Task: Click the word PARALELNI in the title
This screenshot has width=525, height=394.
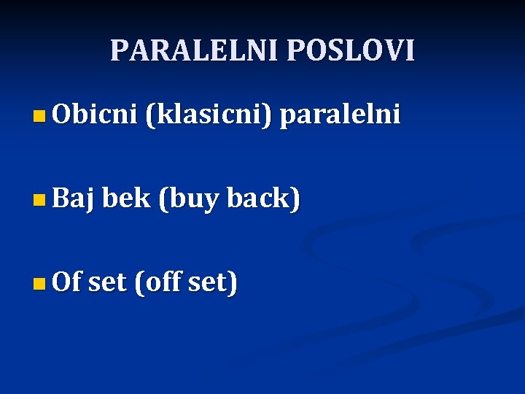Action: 195,50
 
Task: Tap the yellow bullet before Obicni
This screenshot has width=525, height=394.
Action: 39,115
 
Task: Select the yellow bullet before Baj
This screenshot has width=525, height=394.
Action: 39,199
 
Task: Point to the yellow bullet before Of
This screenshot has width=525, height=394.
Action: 39,283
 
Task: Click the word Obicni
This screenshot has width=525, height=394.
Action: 94,115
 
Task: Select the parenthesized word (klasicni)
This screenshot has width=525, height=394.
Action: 209,115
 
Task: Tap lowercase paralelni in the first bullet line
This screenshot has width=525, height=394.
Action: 340,115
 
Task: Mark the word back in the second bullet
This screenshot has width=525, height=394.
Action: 259,198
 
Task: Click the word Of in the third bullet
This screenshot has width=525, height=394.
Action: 67,282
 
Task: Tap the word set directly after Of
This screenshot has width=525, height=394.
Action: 107,282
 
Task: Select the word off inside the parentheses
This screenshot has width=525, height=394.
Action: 161,282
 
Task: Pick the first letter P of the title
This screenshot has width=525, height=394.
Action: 118,50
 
